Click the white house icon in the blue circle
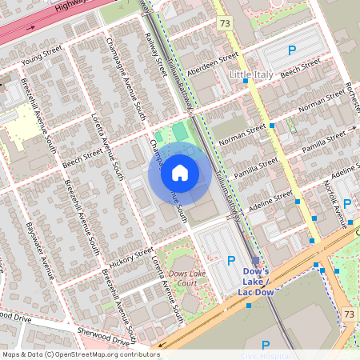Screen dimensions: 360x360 [180, 172]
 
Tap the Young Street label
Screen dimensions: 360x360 [42, 58]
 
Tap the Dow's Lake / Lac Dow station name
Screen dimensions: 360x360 [256, 282]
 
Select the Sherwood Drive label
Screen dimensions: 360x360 [102, 334]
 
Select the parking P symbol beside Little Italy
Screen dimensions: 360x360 [292, 50]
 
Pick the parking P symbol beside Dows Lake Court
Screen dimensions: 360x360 [232, 260]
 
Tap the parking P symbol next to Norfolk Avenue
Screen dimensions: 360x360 [347, 204]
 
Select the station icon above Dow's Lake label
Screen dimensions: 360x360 [255, 260]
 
